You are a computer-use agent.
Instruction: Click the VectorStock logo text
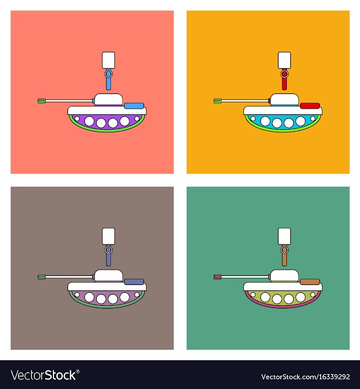pos(45,375)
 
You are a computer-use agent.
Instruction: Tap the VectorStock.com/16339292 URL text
pos(305,377)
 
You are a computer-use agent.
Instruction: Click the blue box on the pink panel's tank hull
pos(134,106)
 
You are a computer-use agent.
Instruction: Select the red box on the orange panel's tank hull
pos(310,106)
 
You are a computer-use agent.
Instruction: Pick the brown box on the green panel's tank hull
pos(310,282)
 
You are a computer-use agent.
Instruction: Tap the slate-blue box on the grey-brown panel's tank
pos(134,282)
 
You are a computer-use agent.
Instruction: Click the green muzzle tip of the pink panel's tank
pos(41,101)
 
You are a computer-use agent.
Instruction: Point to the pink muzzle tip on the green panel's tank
pos(217,276)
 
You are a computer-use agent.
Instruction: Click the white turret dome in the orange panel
pos(285,100)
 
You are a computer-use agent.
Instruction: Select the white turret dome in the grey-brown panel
pos(109,276)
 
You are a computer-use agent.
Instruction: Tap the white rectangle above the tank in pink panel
pos(109,60)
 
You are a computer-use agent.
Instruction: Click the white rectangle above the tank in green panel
pos(285,236)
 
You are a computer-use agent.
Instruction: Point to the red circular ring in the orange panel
pos(285,74)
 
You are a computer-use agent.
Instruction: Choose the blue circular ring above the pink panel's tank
pos(109,74)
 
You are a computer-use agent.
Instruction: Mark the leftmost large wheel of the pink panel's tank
pos(89,121)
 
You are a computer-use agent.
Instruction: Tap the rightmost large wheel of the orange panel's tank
pos(300,121)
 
